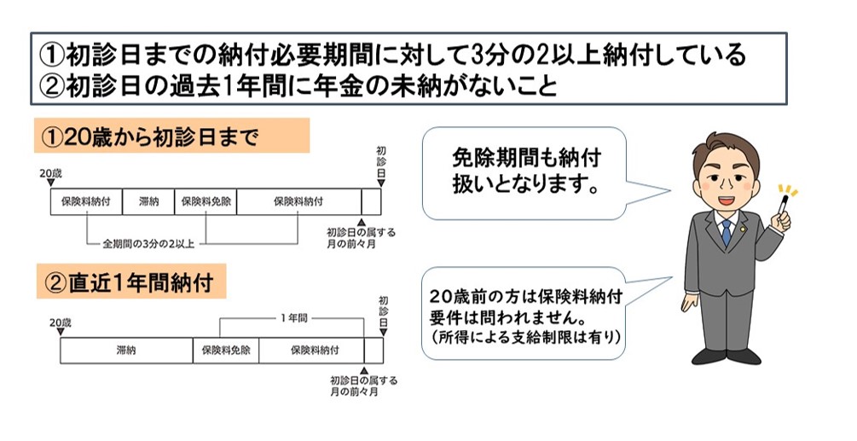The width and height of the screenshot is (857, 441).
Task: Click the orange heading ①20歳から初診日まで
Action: click(171, 136)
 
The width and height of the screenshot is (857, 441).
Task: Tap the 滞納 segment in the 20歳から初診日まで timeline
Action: click(148, 202)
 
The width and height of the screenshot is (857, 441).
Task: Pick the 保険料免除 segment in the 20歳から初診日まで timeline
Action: click(205, 202)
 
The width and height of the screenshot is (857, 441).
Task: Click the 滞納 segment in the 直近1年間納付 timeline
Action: click(126, 350)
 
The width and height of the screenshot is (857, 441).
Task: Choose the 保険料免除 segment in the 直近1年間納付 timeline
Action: click(226, 350)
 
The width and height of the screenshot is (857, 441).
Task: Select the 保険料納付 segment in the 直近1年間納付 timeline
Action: click(311, 350)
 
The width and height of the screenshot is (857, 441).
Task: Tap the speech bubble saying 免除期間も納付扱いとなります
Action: click(524, 171)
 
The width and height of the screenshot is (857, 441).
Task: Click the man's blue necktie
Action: click(726, 232)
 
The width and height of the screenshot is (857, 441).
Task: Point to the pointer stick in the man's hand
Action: click(779, 207)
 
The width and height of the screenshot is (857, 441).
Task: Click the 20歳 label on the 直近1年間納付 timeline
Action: click(61, 322)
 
